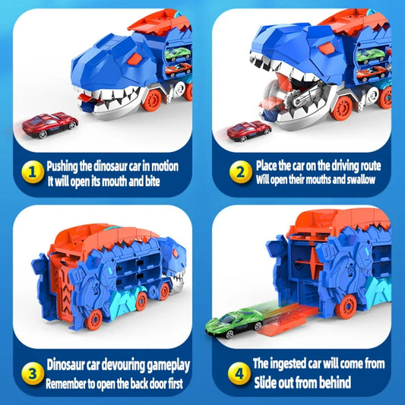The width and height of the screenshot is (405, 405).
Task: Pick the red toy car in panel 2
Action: click(249, 131)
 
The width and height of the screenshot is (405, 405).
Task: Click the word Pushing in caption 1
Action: click(65, 164)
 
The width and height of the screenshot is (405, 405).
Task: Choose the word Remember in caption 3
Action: click(70, 382)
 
